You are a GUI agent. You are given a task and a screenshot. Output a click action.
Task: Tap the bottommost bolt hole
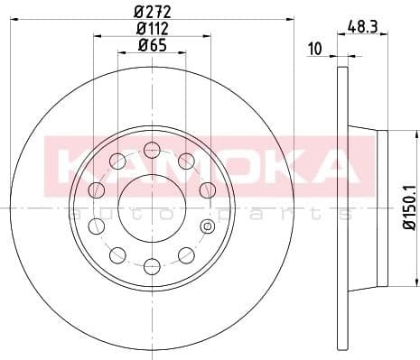pos(152,264)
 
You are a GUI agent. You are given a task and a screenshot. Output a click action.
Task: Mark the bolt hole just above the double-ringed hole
pos(207,189)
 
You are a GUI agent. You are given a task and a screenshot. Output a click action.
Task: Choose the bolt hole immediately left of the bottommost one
pos(117,254)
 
